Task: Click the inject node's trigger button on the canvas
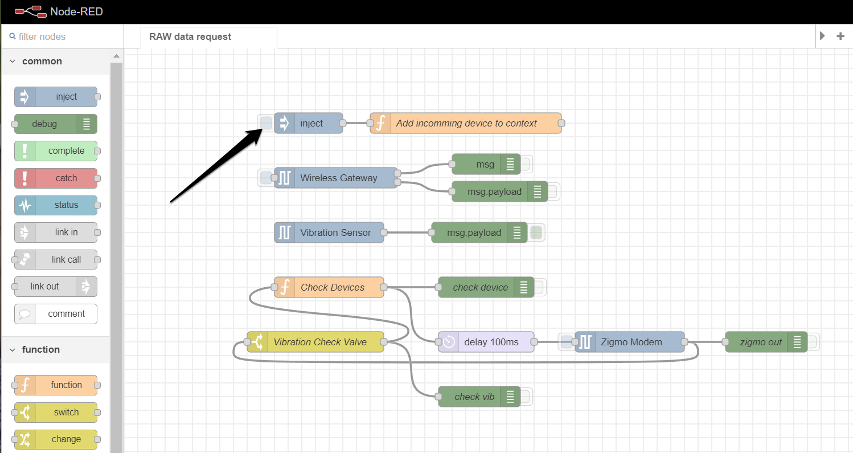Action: (266, 123)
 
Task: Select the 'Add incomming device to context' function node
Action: (466, 123)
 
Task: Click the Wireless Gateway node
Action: (338, 178)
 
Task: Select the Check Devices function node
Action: (332, 287)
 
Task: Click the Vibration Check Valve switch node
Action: (318, 342)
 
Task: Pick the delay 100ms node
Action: (490, 342)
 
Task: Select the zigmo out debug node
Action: (760, 342)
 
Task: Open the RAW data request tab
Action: (190, 36)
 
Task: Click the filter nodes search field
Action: (63, 36)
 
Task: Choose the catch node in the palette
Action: (56, 178)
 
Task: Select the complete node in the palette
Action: (56, 151)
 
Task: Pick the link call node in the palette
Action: (56, 259)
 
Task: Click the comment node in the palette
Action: (56, 314)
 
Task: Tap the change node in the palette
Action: (56, 439)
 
